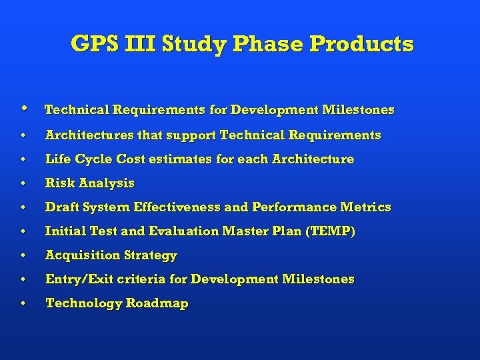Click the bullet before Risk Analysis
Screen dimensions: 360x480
click(23, 183)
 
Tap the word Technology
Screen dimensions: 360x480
click(83, 303)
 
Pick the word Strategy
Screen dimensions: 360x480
click(151, 255)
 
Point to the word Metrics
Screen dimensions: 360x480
click(367, 207)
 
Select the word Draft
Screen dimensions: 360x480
click(60, 207)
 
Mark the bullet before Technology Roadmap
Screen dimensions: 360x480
click(23, 304)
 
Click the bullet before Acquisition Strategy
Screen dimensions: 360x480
click(23, 256)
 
